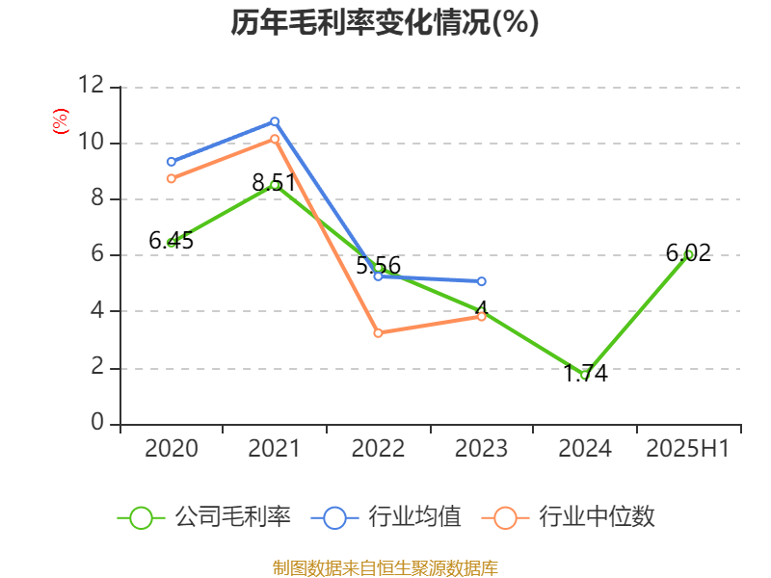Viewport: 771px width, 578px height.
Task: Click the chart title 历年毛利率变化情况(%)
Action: pyautogui.click(x=385, y=22)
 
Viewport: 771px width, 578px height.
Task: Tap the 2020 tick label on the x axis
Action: pyautogui.click(x=172, y=448)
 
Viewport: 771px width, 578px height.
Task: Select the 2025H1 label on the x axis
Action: pyautogui.click(x=688, y=448)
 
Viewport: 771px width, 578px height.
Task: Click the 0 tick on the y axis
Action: pyautogui.click(x=97, y=424)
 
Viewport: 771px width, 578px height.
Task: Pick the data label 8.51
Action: pyautogui.click(x=274, y=182)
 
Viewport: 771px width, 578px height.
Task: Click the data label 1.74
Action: pyautogui.click(x=585, y=374)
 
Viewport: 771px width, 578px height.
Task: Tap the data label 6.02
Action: pyautogui.click(x=688, y=253)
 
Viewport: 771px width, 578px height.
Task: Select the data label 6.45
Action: pyautogui.click(x=172, y=241)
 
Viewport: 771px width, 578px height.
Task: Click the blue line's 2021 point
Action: pyautogui.click(x=275, y=121)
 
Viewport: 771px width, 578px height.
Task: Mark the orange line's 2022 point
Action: pyautogui.click(x=378, y=333)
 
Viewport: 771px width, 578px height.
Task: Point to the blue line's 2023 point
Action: pyautogui.click(x=482, y=281)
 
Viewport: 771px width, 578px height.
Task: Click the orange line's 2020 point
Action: pyautogui.click(x=172, y=178)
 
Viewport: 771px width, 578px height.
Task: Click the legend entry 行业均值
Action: pyautogui.click(x=385, y=517)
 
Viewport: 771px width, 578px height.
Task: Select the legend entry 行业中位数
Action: pyautogui.click(x=574, y=517)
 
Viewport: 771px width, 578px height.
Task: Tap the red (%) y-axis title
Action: pyautogui.click(x=60, y=120)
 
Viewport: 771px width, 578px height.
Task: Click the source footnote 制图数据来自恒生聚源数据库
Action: pyautogui.click(x=385, y=567)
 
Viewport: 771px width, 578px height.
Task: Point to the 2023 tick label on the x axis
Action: pyautogui.click(x=482, y=448)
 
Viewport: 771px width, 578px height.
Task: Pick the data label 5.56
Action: pyautogui.click(x=378, y=266)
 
